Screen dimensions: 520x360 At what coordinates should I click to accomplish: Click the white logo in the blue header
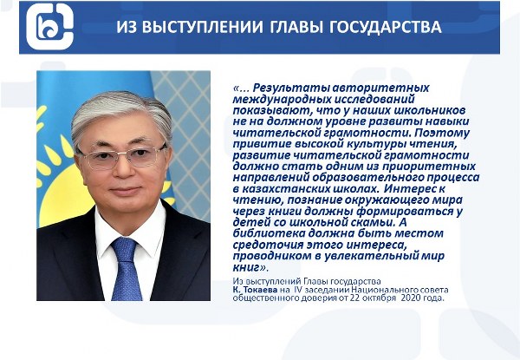[x=49, y=27]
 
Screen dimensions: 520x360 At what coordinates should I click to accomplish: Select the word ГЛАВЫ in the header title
[x=296, y=27]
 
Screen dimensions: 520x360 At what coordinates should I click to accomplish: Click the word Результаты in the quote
[x=290, y=88]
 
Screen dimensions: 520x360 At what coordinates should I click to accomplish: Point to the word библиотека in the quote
[x=269, y=233]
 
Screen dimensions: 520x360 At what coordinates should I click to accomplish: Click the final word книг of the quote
[x=246, y=267]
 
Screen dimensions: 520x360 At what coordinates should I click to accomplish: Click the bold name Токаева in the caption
[x=260, y=290]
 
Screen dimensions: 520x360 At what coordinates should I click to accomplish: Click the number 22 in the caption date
[x=354, y=298]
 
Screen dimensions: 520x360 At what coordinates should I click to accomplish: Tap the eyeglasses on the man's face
[x=123, y=157]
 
